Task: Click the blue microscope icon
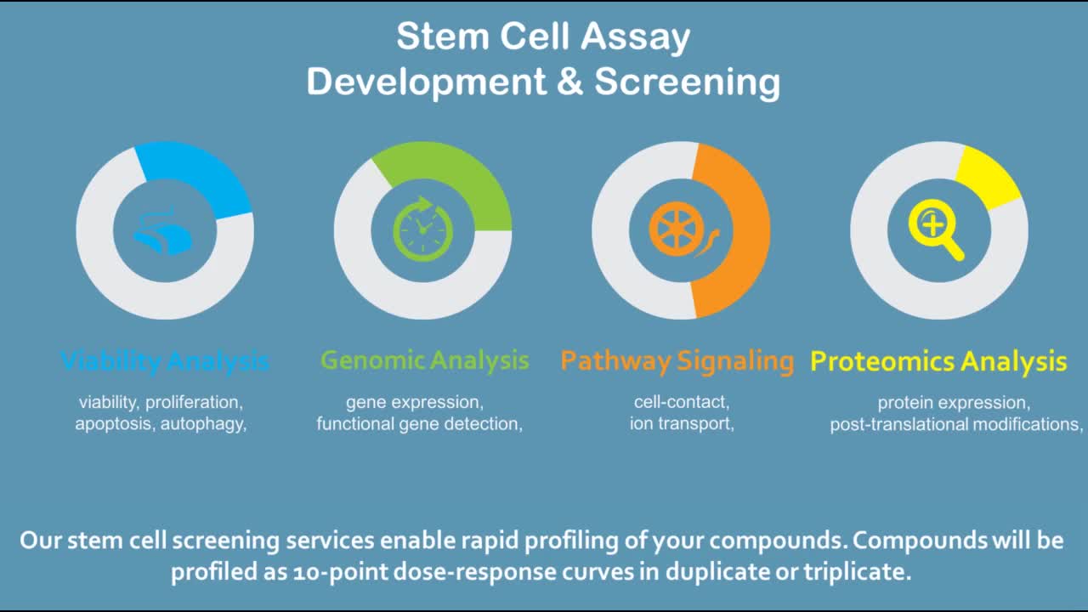[x=163, y=232]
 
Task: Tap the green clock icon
[x=422, y=229]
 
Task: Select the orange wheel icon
[x=678, y=229]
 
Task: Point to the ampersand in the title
[x=570, y=82]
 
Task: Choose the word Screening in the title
[x=687, y=82]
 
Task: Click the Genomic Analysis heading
[x=424, y=360]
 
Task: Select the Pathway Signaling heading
[x=677, y=360]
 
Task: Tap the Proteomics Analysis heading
[x=938, y=362]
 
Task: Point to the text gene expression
[x=415, y=402]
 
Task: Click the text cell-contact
[x=682, y=402]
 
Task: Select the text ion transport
[x=682, y=423]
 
